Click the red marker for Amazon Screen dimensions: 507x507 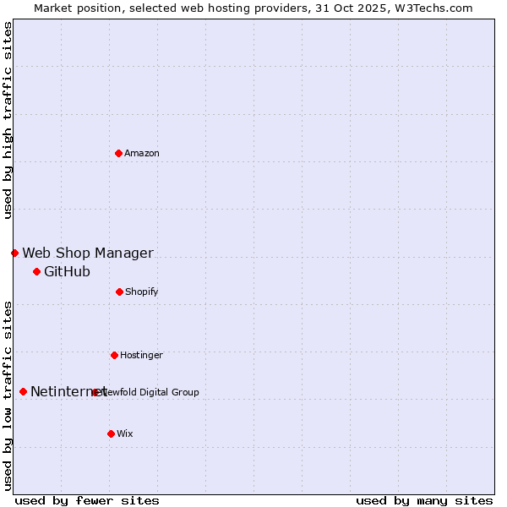tap(118, 153)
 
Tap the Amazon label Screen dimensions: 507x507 tap(142, 154)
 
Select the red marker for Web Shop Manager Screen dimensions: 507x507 tap(14, 253)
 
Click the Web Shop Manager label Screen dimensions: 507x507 tap(88, 253)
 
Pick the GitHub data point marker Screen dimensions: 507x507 tap(36, 271)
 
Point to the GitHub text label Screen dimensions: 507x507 tap(67, 272)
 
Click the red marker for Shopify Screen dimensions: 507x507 tap(119, 292)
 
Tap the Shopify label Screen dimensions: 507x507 tap(142, 292)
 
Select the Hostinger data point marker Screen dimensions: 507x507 tap(114, 355)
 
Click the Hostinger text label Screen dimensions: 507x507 tap(141, 356)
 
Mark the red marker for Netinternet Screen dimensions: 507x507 tap(23, 391)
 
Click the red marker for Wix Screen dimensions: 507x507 tap(111, 433)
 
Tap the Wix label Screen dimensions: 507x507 tap(125, 434)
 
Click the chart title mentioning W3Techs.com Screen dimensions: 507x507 tap(253, 8)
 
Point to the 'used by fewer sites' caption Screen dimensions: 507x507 tap(87, 500)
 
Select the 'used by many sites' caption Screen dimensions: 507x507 tap(424, 500)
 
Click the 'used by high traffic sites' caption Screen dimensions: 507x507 tap(8, 120)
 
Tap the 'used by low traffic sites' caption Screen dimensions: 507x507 tap(8, 395)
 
